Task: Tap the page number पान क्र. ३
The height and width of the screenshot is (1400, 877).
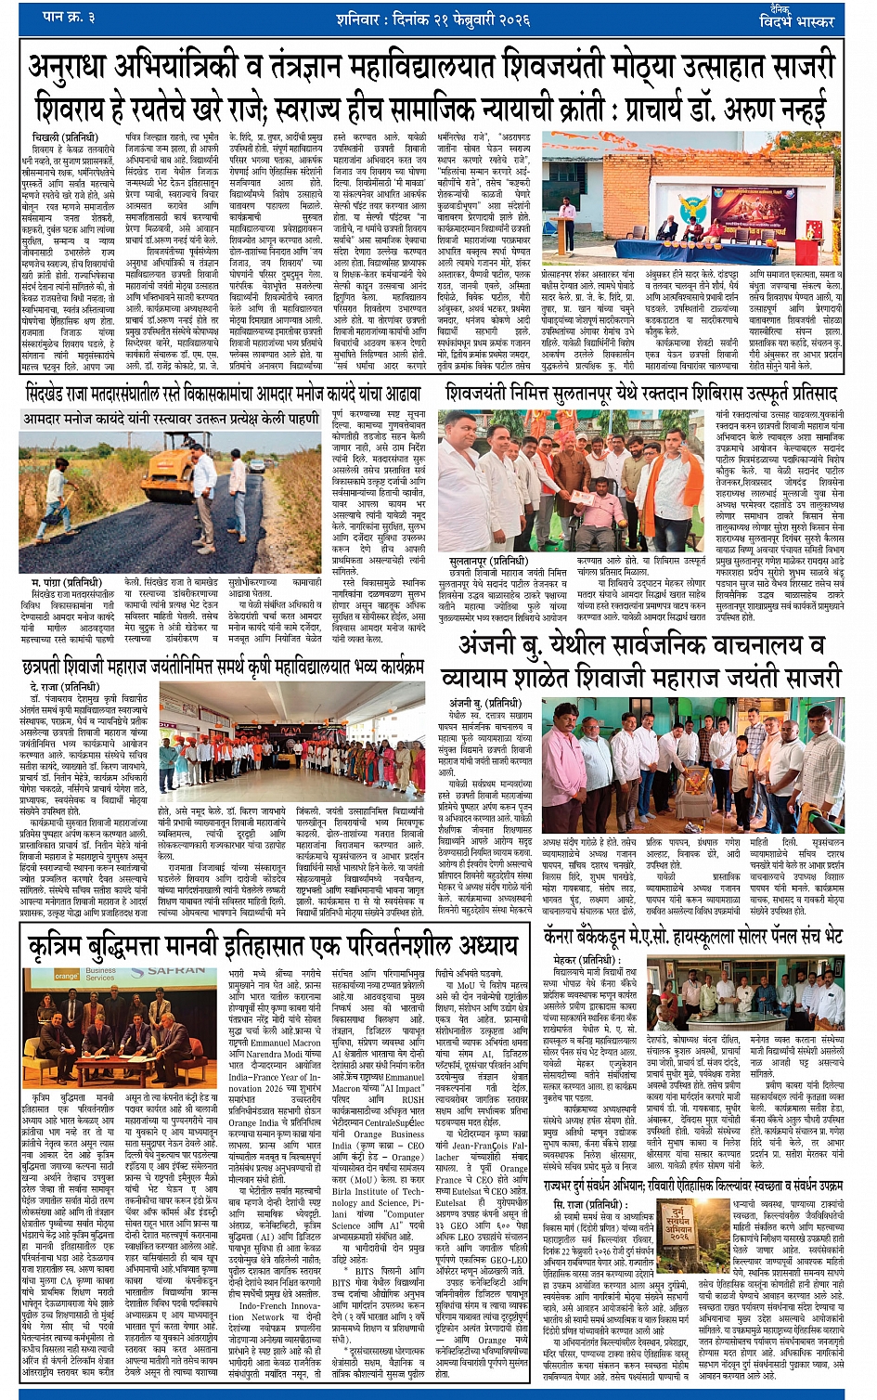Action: coord(71,17)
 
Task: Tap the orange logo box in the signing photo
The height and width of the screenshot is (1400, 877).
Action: coord(67,976)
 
